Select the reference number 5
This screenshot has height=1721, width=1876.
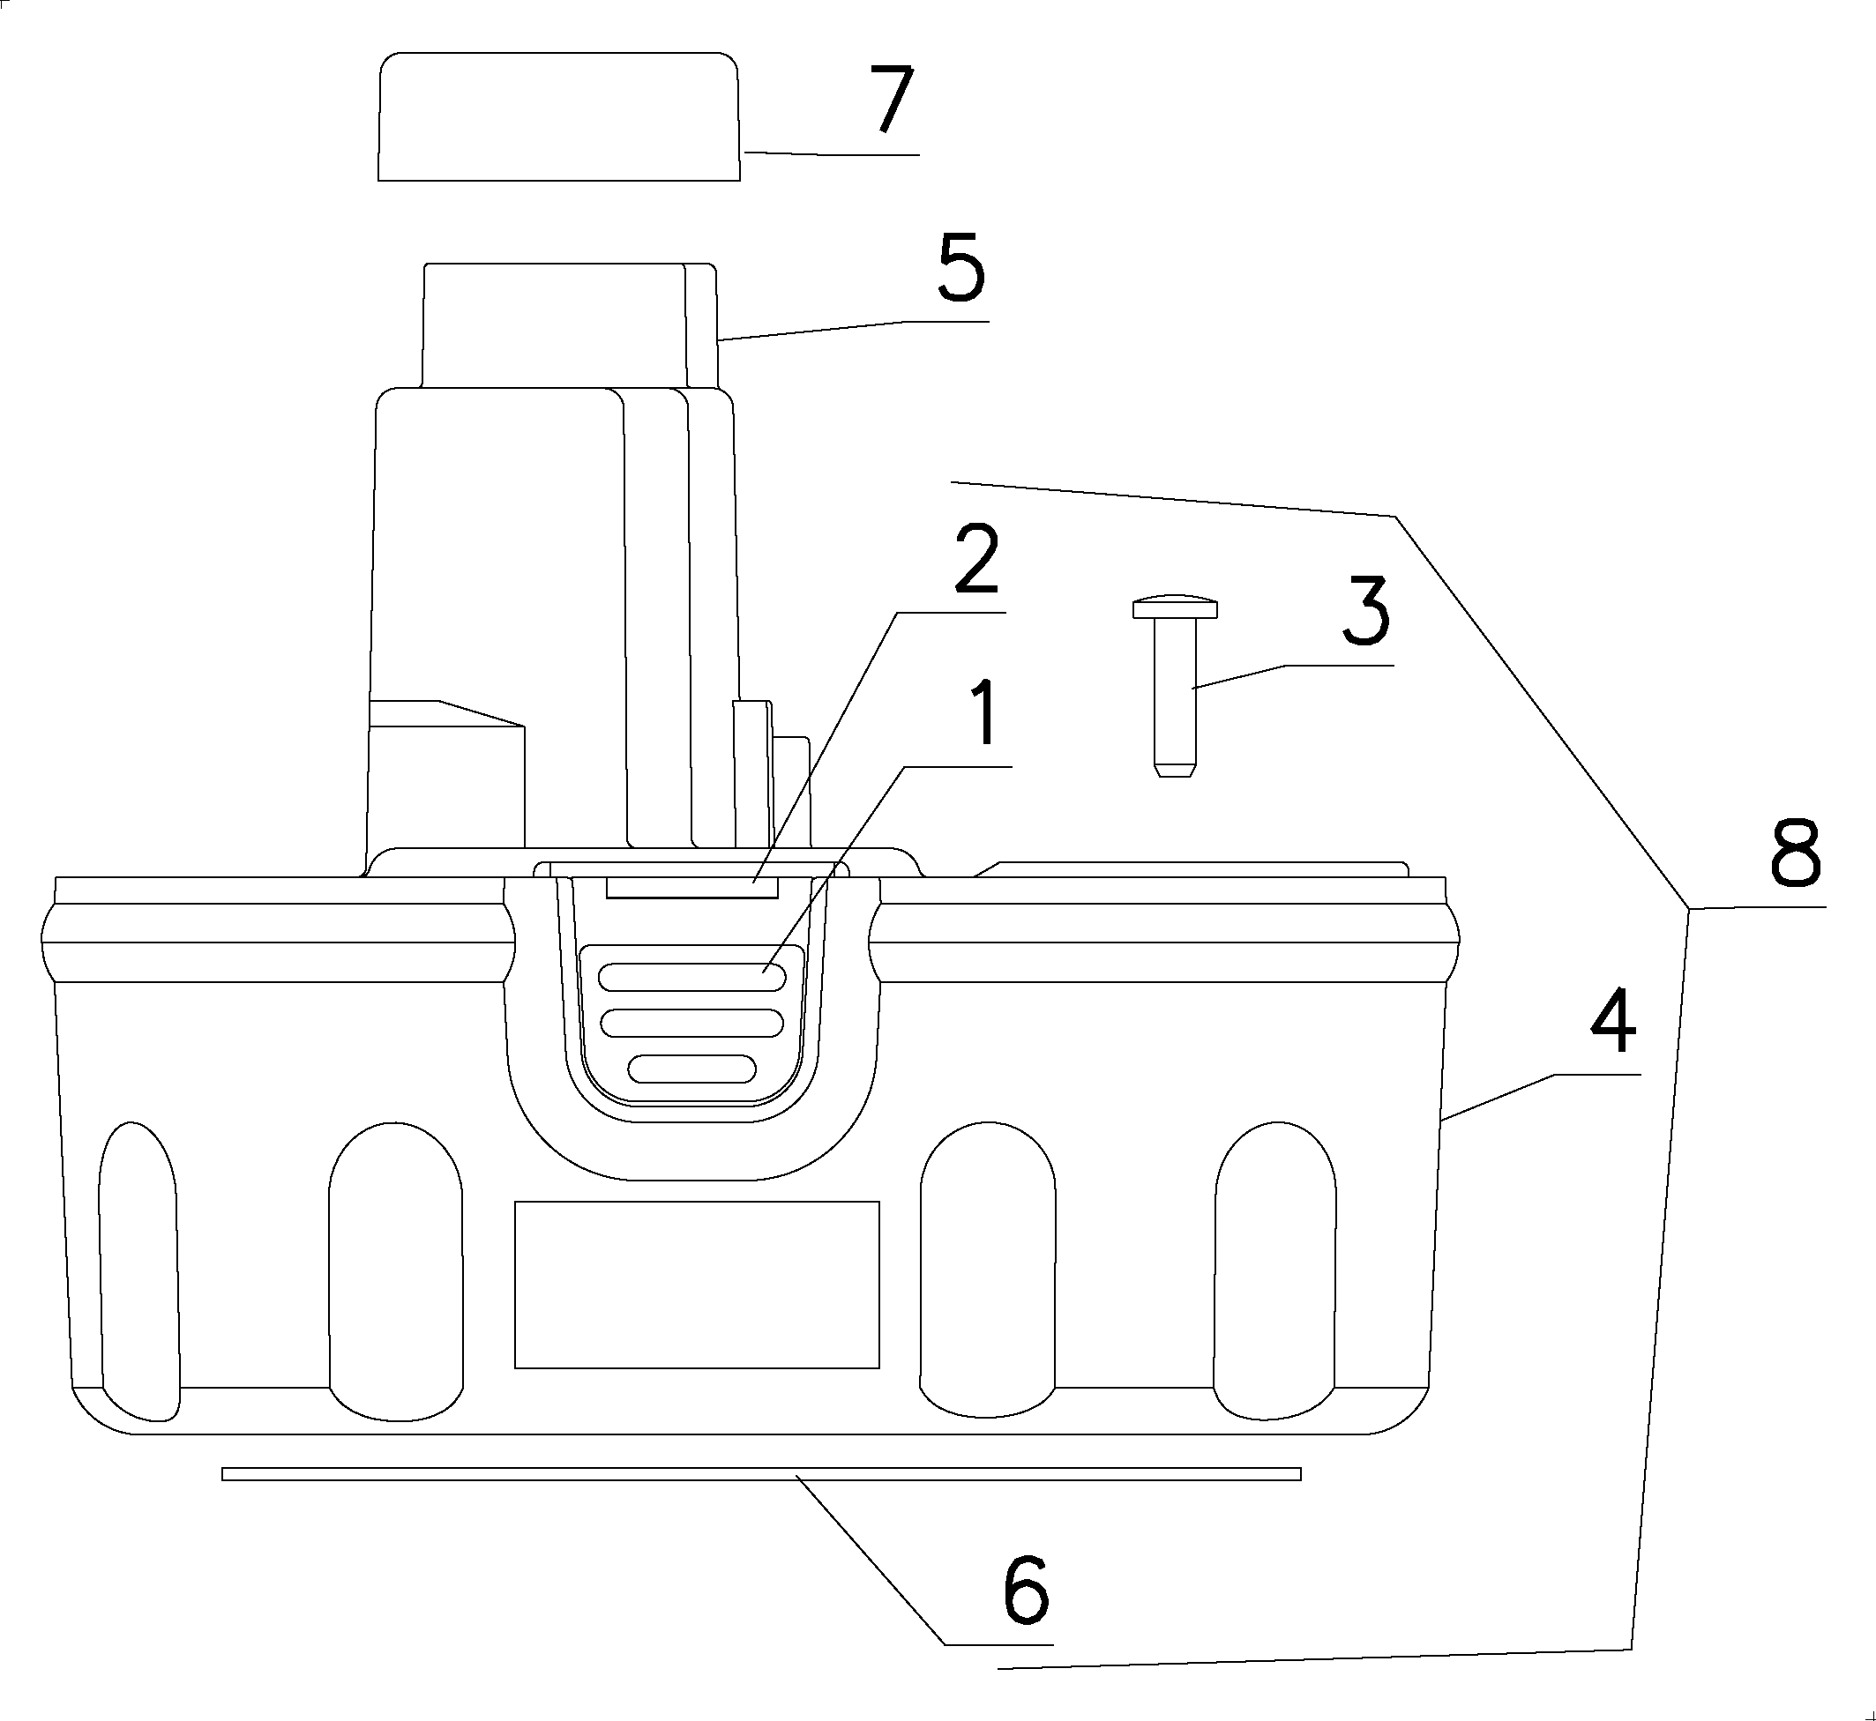[x=960, y=269]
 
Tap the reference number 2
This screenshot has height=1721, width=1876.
[x=976, y=559]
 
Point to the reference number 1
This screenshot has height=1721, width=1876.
[x=983, y=713]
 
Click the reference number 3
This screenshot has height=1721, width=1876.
[x=1365, y=611]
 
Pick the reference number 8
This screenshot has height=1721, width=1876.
[x=1794, y=854]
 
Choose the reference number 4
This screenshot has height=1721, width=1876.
[x=1612, y=1024]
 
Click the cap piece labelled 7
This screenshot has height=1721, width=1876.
[x=558, y=116]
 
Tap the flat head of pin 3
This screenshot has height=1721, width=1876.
[x=1175, y=609]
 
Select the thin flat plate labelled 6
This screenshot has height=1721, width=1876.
[x=760, y=1473]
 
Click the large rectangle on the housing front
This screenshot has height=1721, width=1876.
[x=697, y=1285]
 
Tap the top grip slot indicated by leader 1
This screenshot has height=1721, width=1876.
[x=691, y=977]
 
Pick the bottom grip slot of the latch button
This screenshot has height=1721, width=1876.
[x=691, y=1069]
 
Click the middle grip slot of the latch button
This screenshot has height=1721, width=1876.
[x=691, y=1024]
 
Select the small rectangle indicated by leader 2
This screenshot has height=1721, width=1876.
[x=691, y=887]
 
